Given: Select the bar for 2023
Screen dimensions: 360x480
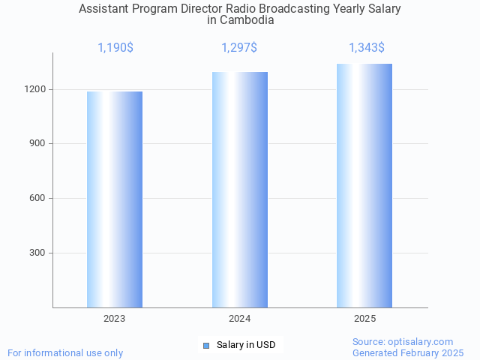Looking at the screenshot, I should pyautogui.click(x=115, y=199).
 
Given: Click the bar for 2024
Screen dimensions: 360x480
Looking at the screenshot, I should pyautogui.click(x=240, y=190).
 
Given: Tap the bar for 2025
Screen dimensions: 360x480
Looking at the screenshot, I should pyautogui.click(x=364, y=185).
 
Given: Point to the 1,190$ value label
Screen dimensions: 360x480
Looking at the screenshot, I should pyautogui.click(x=115, y=48).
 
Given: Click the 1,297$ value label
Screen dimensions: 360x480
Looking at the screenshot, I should pyautogui.click(x=239, y=48).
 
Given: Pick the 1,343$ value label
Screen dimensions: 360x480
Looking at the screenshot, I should pyautogui.click(x=367, y=48).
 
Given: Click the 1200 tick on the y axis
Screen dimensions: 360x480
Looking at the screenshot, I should pyautogui.click(x=34, y=89).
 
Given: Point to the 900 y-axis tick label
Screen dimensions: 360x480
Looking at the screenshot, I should pyautogui.click(x=37, y=144).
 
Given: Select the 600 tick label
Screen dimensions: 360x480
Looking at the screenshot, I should pyautogui.click(x=37, y=199).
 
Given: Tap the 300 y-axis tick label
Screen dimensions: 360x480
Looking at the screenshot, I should pyautogui.click(x=37, y=253).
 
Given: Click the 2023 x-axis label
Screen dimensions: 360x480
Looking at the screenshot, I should pyautogui.click(x=115, y=319).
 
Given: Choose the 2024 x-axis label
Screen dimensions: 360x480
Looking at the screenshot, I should pyautogui.click(x=240, y=319).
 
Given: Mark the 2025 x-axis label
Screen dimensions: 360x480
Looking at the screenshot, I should pyautogui.click(x=365, y=319).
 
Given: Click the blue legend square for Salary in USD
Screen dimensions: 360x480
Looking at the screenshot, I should pyautogui.click(x=206, y=345).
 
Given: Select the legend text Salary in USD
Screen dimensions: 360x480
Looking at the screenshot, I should pyautogui.click(x=246, y=345).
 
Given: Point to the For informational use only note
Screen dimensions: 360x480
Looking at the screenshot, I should pyautogui.click(x=65, y=352).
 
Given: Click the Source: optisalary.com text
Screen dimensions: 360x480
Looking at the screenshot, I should pyautogui.click(x=403, y=341).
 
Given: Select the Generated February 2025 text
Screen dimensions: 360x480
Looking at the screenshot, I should pyautogui.click(x=408, y=352).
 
